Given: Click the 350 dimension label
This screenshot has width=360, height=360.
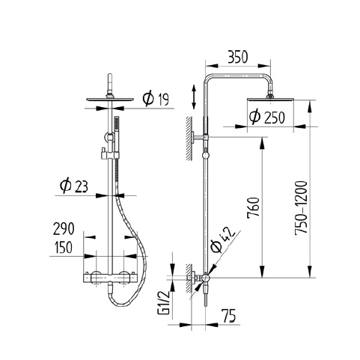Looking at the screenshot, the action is (x=238, y=57).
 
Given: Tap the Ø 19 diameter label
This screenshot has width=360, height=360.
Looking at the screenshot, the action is (x=156, y=99).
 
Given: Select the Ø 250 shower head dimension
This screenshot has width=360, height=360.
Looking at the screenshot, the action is (x=267, y=117).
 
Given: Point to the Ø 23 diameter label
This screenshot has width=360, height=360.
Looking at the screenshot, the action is (x=74, y=186).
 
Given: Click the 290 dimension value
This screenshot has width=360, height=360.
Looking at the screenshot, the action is (x=64, y=229).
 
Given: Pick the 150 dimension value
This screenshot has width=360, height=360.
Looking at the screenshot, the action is (x=64, y=247).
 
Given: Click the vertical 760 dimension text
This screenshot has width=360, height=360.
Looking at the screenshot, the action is (x=254, y=208).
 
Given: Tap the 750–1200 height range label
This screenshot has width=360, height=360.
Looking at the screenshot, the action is (x=301, y=207).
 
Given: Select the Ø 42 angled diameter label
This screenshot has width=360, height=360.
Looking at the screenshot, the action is (x=222, y=240).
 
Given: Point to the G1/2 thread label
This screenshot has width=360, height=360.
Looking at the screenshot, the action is (x=164, y=304).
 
